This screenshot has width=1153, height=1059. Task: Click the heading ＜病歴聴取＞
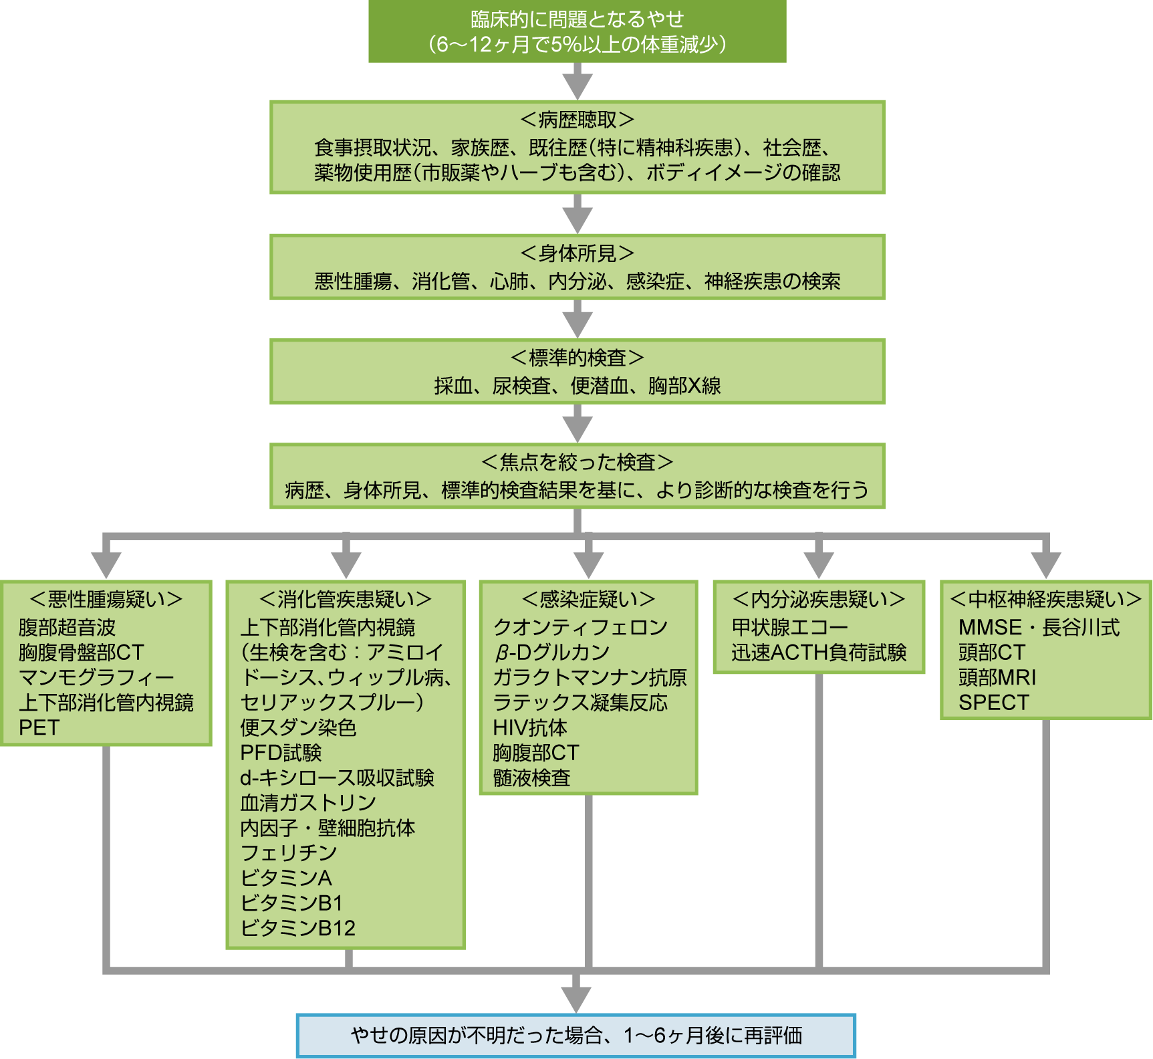[577, 120]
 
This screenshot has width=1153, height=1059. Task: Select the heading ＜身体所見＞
[577, 253]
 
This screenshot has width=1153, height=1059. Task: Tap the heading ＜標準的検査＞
[577, 358]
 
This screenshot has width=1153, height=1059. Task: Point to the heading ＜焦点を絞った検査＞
[577, 462]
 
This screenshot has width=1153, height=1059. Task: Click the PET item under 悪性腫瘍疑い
[39, 727]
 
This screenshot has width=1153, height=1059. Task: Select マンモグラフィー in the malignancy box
[96, 677]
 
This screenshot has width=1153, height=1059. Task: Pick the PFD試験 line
[281, 753]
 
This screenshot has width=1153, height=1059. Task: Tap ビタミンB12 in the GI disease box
[297, 928]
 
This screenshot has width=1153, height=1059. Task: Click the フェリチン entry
[289, 852]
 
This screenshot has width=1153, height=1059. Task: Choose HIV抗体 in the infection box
[530, 727]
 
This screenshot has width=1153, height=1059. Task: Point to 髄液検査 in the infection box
[532, 778]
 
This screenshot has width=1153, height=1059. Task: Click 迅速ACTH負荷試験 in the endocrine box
[819, 653]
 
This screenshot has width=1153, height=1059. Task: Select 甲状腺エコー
[790, 627]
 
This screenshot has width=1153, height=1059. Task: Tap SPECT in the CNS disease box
[994, 703]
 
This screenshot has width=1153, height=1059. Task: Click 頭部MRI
[997, 677]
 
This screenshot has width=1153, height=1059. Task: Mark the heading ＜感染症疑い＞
[588, 599]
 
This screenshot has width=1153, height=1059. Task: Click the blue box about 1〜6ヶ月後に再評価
[576, 1036]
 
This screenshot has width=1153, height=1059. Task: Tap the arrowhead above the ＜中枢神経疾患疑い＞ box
[1046, 564]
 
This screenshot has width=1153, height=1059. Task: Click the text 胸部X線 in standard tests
[684, 386]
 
